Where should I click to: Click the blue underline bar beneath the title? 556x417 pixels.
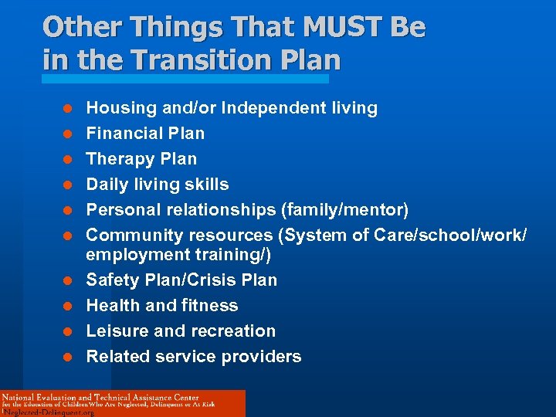[x=185, y=78]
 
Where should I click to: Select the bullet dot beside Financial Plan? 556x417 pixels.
[x=67, y=134]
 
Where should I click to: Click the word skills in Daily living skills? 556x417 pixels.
[x=207, y=185]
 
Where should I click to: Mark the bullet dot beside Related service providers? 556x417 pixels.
[x=67, y=357]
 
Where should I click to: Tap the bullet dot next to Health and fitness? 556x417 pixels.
[x=67, y=306]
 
